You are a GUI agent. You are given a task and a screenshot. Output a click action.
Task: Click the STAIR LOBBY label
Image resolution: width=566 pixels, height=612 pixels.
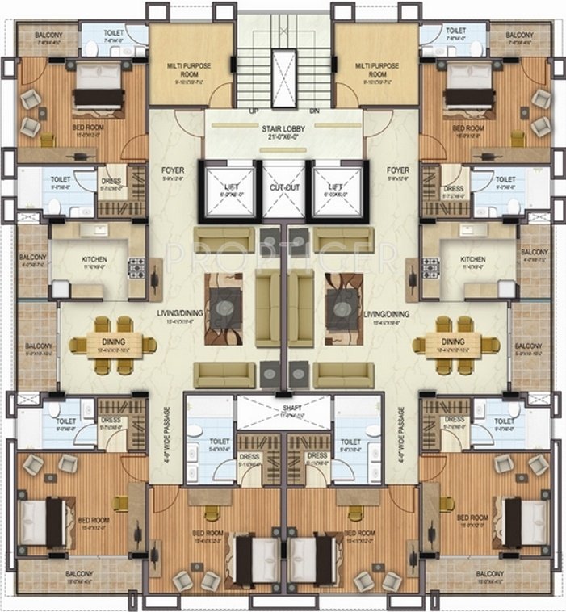pos(282,128)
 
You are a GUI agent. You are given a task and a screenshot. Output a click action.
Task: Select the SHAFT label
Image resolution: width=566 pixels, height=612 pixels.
pos(282,409)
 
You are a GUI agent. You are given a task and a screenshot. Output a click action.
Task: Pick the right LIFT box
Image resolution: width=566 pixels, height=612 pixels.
pos(334,191)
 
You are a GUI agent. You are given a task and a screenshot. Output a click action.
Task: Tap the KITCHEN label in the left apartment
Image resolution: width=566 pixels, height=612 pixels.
pos(94,260)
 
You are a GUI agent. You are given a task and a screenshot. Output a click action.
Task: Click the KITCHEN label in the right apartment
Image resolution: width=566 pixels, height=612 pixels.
pos(472,260)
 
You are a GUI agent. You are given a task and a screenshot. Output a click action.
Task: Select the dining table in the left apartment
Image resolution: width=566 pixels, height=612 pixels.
pos(113,345)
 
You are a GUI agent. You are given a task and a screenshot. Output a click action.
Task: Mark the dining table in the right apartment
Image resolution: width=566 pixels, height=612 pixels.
pos(455,345)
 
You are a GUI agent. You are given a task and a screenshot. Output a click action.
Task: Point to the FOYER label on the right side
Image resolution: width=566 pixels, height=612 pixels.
pos(397,170)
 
